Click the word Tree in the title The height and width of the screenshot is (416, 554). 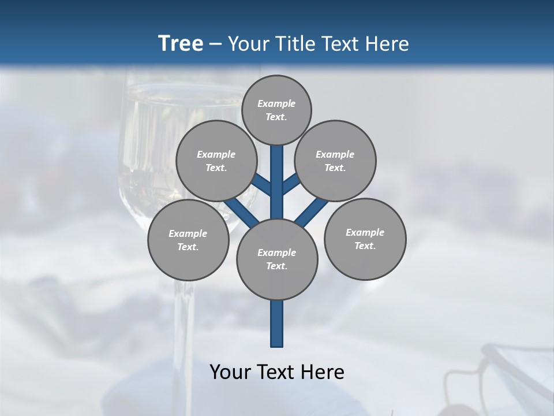(181, 43)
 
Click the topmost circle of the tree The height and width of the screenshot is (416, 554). (276, 110)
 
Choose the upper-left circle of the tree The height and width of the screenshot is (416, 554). (216, 161)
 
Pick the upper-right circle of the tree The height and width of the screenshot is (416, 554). (335, 161)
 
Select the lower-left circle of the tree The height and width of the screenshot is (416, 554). (188, 240)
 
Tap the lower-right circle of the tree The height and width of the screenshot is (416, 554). (365, 239)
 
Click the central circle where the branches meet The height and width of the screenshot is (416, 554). (277, 259)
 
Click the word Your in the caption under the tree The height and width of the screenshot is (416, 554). (229, 372)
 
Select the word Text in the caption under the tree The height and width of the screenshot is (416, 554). (274, 372)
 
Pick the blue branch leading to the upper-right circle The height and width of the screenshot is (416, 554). (290, 184)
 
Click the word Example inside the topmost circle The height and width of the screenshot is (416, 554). (276, 103)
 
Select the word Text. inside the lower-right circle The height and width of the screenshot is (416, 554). (365, 246)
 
